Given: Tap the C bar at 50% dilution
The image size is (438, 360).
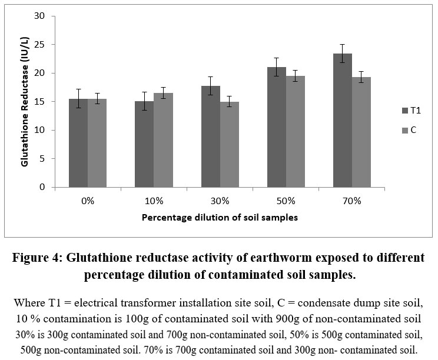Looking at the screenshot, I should click(x=296, y=132).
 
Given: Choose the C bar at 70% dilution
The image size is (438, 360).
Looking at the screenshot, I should click(x=361, y=132).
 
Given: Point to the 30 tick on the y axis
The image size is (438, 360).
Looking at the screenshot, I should click(x=40, y=16).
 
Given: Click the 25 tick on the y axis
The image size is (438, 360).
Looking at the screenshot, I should click(x=40, y=45).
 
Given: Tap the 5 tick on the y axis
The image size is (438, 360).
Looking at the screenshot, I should click(x=42, y=159).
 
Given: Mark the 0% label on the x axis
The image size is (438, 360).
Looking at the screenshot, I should click(x=88, y=201).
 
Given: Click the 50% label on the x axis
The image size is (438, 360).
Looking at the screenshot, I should click(x=286, y=201).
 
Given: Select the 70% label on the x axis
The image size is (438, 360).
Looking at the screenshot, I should click(x=352, y=201).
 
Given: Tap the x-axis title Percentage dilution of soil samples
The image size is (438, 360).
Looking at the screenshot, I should click(x=220, y=217).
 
